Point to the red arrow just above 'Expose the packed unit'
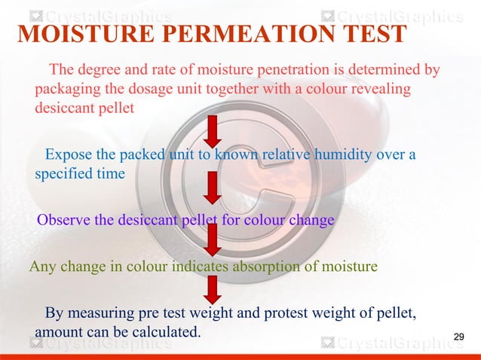click(x=213, y=131)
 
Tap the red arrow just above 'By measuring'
click(x=213, y=289)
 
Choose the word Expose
click(x=69, y=155)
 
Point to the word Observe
click(x=63, y=221)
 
